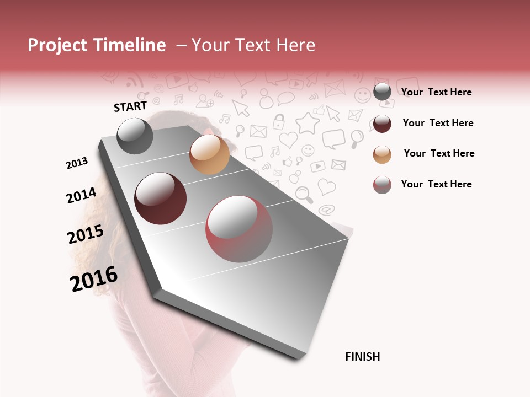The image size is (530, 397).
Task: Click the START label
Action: (130, 106)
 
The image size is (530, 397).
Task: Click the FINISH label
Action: (363, 357)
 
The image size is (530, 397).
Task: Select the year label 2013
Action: (77, 163)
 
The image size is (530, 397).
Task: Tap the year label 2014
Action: (82, 196)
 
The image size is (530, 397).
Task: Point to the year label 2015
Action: (86, 234)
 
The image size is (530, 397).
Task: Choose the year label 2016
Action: (94, 279)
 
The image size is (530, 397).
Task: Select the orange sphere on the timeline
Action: (209, 154)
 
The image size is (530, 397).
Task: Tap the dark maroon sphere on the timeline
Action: (161, 198)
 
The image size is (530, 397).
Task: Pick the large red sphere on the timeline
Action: (239, 229)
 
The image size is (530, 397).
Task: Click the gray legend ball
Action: (382, 92)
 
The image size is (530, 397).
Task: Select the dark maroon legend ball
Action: (382, 124)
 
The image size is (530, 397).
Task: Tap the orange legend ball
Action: (382, 154)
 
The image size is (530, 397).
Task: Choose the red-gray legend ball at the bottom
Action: (382, 185)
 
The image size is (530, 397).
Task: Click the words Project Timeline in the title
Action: (97, 45)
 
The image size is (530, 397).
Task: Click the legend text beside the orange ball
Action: (439, 153)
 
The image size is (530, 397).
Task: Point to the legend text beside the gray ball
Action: (436, 92)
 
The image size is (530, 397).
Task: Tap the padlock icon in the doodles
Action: (279, 121)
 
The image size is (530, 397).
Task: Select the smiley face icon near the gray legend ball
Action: (362, 95)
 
